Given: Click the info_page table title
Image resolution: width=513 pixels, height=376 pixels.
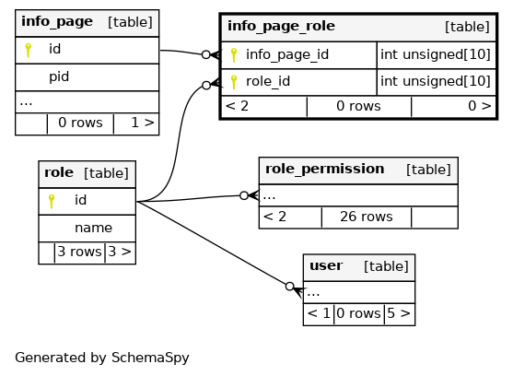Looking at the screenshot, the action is [57, 22].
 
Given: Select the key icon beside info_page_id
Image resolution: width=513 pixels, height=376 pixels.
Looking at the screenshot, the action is [234, 55].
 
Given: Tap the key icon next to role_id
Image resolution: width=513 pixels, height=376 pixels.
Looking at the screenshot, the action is [234, 82].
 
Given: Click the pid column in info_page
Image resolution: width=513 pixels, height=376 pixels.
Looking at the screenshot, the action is [59, 77].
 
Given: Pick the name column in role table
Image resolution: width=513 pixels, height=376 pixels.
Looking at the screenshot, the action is [93, 228].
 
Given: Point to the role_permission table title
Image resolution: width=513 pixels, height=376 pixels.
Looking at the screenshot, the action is [324, 170].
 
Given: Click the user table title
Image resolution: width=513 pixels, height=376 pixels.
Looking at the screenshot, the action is [326, 265].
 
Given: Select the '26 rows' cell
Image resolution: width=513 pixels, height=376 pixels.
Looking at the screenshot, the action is [367, 217].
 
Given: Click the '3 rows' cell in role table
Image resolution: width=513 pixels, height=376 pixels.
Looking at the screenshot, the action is [79, 252].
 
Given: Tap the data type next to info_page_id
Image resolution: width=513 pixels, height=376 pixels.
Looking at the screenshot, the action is [436, 54].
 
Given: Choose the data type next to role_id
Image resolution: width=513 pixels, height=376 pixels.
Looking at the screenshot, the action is [436, 81].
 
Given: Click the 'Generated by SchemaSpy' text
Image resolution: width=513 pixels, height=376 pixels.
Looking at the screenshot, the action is [102, 358].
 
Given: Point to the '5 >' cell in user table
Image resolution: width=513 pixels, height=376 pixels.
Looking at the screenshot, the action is [399, 313].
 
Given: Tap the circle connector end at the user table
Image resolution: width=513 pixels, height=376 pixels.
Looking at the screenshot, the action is [290, 287].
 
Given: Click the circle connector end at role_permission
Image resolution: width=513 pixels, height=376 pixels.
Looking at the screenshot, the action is [244, 195].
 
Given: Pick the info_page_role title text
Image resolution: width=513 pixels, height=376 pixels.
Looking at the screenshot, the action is [281, 26].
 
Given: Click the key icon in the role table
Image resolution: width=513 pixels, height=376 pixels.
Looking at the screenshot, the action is [52, 201].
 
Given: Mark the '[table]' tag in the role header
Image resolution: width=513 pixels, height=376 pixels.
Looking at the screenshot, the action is [106, 173].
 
